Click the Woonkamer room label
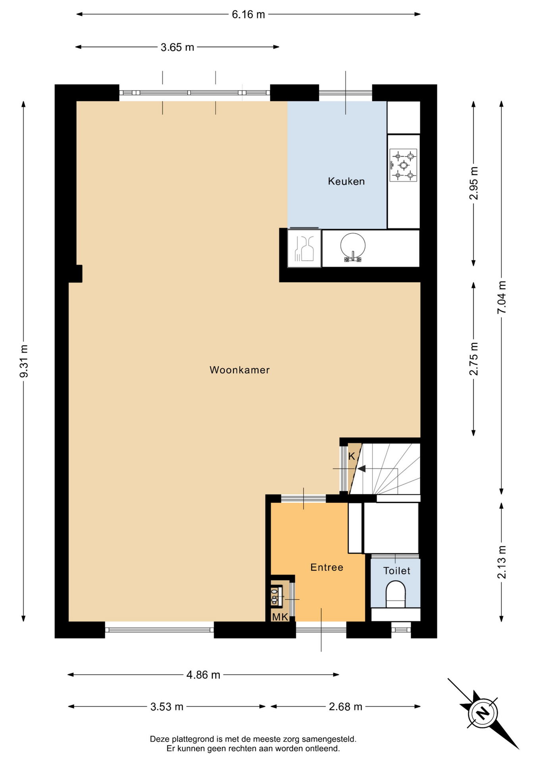coord(239,370)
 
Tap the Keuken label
coord(346,181)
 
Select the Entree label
coord(327,567)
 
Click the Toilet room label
coord(397,571)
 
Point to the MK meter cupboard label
coord(280,617)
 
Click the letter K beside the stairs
coord(351,456)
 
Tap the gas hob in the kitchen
coord(403,165)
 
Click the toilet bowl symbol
coord(396,594)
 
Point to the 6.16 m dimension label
coord(248,15)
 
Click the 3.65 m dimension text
coord(177,47)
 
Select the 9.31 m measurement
coord(24,361)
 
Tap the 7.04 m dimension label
coord(502,297)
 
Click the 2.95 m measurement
coord(474,183)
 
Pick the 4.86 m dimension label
coord(203,675)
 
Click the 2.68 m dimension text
coord(345,707)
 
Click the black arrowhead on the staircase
coord(361,469)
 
